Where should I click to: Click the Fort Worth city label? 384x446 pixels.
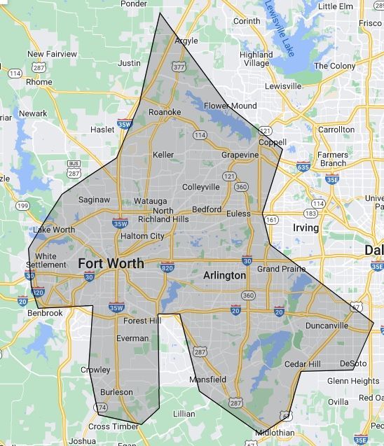111,263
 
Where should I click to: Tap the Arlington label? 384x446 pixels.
224,276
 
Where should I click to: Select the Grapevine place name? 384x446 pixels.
240,154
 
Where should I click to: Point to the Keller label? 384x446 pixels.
163,155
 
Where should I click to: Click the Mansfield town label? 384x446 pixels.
207,379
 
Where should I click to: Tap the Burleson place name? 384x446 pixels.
116,392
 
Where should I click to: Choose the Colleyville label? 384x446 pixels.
200,187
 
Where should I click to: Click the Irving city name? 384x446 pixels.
305,228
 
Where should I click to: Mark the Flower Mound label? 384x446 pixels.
230,106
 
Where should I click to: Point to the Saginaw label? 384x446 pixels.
94,200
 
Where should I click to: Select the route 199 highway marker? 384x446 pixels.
23,206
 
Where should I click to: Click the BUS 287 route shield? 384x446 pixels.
74,168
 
